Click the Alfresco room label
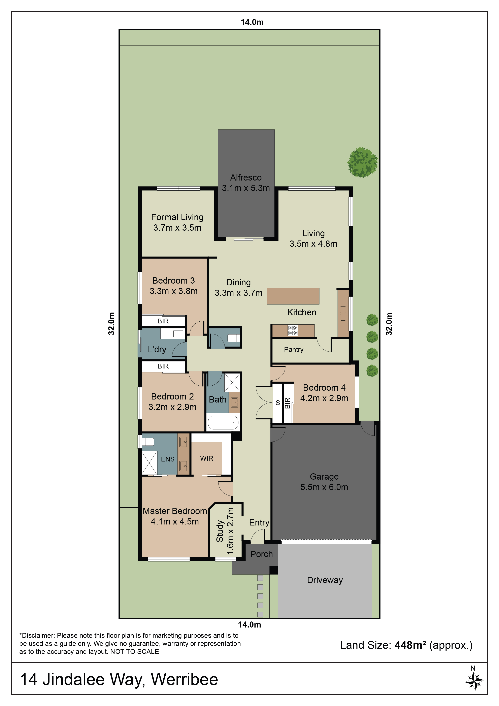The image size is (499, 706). pyautogui.click(x=246, y=178)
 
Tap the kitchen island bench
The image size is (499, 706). pyautogui.click(x=293, y=296)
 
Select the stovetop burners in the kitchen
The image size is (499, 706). pyautogui.click(x=293, y=330)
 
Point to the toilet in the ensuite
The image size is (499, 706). pyautogui.click(x=147, y=442)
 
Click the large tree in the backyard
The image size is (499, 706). pyautogui.click(x=363, y=162)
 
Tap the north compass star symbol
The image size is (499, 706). pyautogui.click(x=474, y=681)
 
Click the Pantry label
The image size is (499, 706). pyautogui.click(x=294, y=349)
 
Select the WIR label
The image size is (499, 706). pyautogui.click(x=207, y=458)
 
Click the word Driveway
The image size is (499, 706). pyautogui.click(x=325, y=580)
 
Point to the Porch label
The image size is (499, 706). pyautogui.click(x=261, y=554)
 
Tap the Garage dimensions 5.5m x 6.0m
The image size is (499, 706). pyautogui.click(x=324, y=487)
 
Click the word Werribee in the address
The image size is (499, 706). pyautogui.click(x=185, y=680)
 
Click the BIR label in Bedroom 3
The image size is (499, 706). pyautogui.click(x=163, y=321)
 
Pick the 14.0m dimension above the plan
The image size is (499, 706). pyautogui.click(x=252, y=22)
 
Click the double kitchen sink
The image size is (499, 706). pyautogui.click(x=343, y=314)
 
